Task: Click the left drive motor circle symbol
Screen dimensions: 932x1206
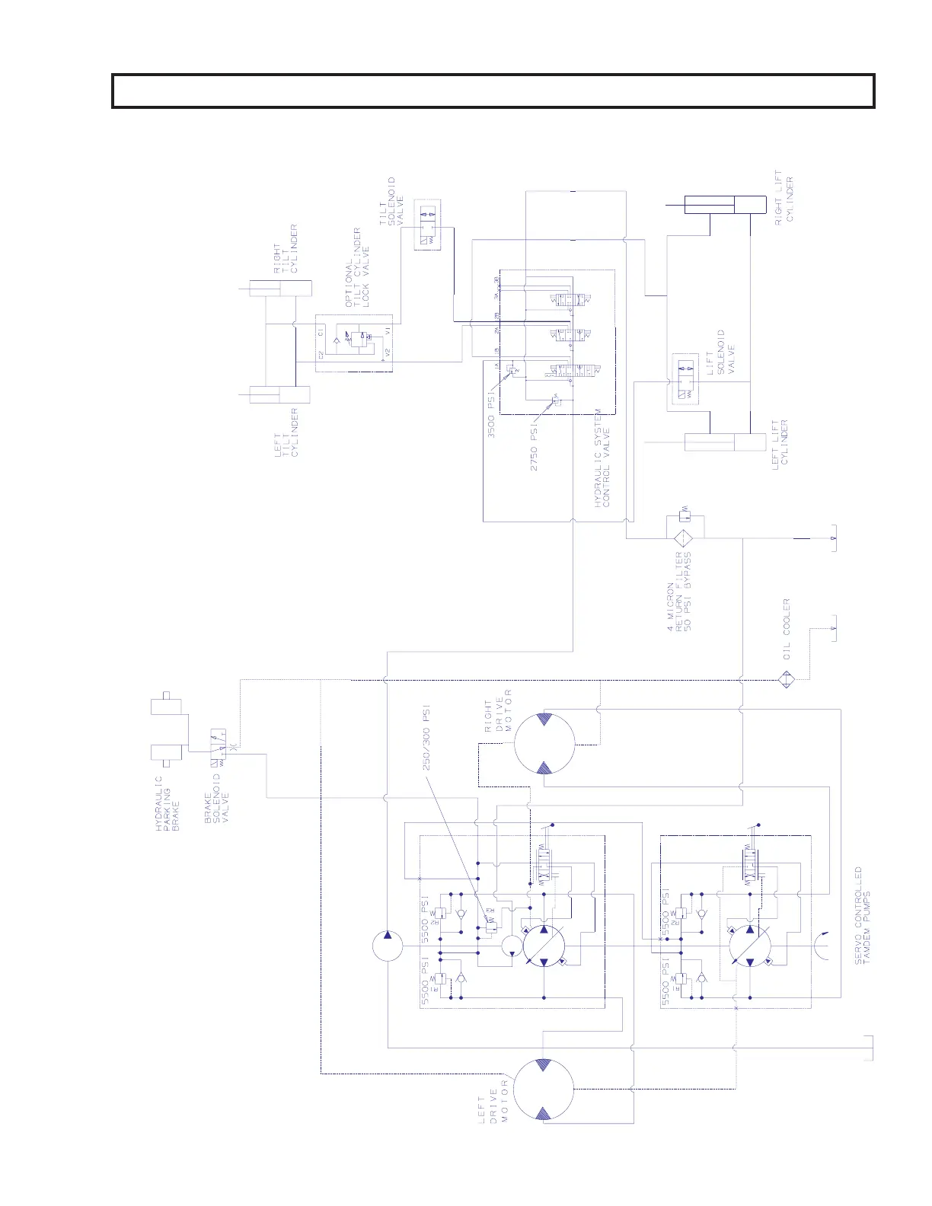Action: pyautogui.click(x=543, y=1091)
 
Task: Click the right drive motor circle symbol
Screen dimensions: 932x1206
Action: pyautogui.click(x=544, y=742)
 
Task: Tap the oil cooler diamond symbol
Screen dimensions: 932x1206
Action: pyautogui.click(x=787, y=679)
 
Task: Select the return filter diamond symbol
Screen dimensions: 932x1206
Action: pyautogui.click(x=684, y=538)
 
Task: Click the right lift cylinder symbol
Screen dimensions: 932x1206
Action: pyautogui.click(x=725, y=205)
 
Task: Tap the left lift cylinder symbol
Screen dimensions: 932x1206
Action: pyautogui.click(x=725, y=442)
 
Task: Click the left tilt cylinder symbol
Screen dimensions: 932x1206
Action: pyautogui.click(x=280, y=395)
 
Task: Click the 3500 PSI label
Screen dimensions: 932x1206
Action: pyautogui.click(x=492, y=415)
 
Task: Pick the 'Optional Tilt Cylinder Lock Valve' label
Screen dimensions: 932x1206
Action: pyautogui.click(x=356, y=267)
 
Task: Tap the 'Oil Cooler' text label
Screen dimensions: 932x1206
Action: pyautogui.click(x=787, y=628)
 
